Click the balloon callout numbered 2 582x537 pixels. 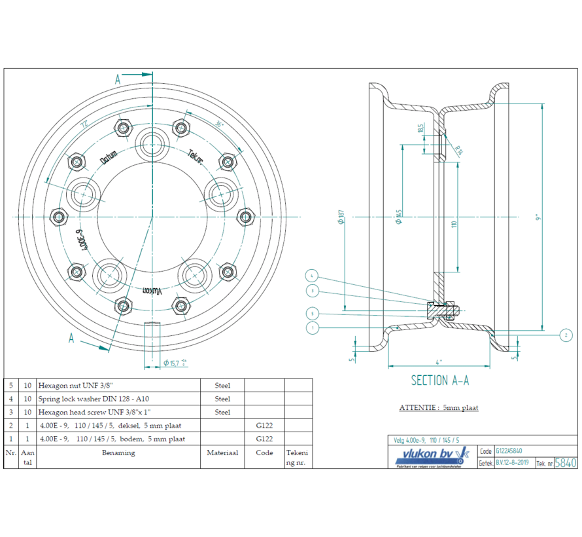tap(566, 335)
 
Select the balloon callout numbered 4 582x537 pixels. tap(313, 276)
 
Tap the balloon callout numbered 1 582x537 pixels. tap(313, 327)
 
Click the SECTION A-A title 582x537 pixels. tap(439, 380)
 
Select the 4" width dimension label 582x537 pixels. tap(441, 361)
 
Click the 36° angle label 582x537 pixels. tap(219, 123)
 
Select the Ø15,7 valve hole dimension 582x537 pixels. tap(175, 362)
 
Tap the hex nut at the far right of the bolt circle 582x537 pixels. tap(245, 216)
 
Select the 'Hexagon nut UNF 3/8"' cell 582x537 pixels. tap(118, 385)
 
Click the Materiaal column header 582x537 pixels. tap(222, 453)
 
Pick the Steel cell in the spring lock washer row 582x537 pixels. tap(222, 399)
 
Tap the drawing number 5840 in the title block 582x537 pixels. tap(566, 463)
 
